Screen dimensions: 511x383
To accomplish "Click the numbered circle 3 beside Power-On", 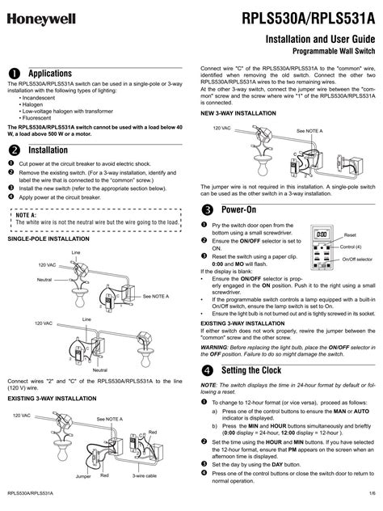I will click(206, 209).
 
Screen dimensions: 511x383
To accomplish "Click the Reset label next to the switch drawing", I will click(349, 233).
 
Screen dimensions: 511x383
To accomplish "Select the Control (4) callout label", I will click(351, 246).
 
